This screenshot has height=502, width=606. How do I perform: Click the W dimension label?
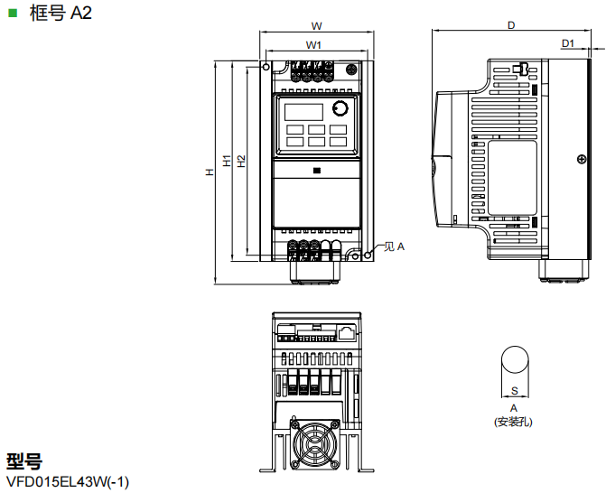(x=315, y=24)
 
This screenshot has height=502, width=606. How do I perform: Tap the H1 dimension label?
(x=227, y=160)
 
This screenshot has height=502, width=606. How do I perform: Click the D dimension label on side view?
(x=510, y=24)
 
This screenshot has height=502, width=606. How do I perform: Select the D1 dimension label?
(x=568, y=43)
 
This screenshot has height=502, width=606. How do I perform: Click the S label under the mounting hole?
(x=514, y=390)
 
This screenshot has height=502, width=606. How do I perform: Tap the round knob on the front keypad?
(x=339, y=109)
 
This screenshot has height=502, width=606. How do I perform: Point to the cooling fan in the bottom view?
(x=315, y=446)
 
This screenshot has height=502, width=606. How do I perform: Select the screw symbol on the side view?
(x=580, y=160)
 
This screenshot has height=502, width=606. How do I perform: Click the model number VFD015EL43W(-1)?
(x=68, y=482)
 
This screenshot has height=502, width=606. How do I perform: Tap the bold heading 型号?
(x=24, y=461)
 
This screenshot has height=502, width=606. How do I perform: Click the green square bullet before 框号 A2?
(x=13, y=13)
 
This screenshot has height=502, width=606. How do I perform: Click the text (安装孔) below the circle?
(x=514, y=421)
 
